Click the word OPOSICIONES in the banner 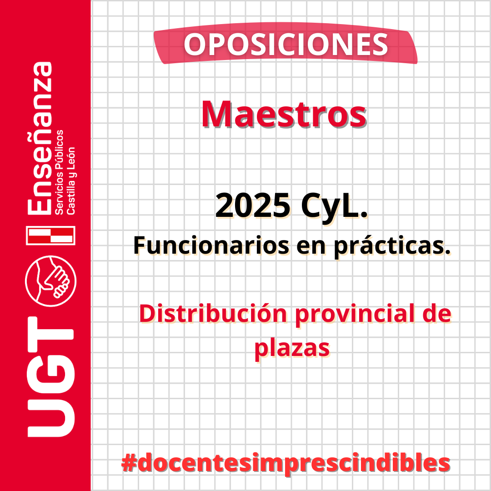pos(286,45)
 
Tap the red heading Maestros pos(284,114)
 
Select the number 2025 pos(253,205)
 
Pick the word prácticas pos(392,246)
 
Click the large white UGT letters pos(51,377)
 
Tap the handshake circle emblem pos(51,281)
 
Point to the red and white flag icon pos(51,235)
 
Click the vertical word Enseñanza pos(40,138)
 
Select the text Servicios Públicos pos(59,172)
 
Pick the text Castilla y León pos(71,180)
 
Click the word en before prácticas pos(311,246)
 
